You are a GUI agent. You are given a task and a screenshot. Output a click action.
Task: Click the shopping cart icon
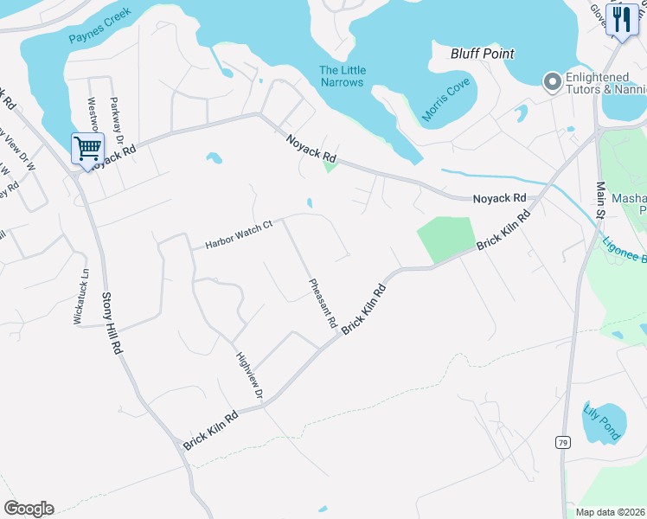tap(87, 148)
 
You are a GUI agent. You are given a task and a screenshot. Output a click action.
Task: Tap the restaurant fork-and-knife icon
tap(623, 19)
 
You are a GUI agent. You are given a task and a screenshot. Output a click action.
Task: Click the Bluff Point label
tap(483, 54)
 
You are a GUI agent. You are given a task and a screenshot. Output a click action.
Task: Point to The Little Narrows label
tap(343, 76)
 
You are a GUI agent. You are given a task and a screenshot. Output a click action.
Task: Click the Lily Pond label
tap(602, 422)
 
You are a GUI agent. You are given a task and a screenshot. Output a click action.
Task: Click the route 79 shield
tap(563, 442)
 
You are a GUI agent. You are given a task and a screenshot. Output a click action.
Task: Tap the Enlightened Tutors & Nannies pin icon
tap(552, 82)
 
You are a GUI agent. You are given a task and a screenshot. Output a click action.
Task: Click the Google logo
tap(29, 509)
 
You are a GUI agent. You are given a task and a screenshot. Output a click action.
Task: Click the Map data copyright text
tap(609, 512)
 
